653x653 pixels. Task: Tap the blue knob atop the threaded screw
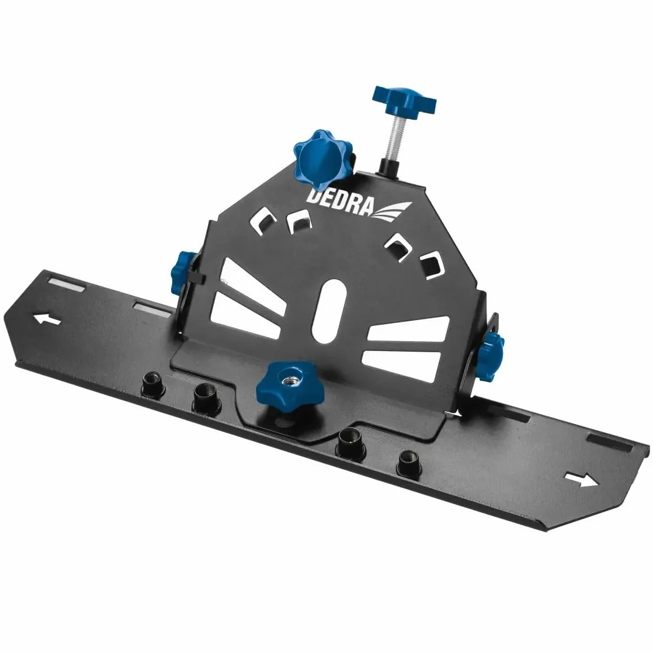(x=404, y=100)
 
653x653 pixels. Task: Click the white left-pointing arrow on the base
(x=47, y=320)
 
